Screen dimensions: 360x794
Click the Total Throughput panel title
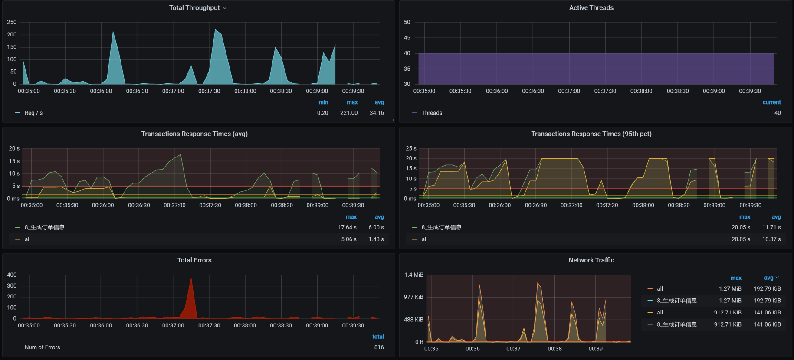click(194, 8)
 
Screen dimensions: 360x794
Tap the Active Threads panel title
click(591, 8)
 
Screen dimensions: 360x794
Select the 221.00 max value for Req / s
click(349, 113)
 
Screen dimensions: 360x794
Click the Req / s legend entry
click(33, 113)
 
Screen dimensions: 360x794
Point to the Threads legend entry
click(432, 113)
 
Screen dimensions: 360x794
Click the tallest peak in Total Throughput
click(215, 30)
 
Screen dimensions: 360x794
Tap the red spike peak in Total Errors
click(191, 278)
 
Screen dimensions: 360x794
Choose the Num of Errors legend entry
click(42, 347)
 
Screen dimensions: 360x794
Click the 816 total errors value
click(379, 347)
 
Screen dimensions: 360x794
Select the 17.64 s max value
click(347, 227)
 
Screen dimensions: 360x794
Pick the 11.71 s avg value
click(771, 227)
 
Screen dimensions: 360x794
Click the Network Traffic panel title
click(591, 260)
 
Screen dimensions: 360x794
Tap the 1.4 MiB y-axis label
click(413, 275)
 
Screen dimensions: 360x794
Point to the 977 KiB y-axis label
click(413, 297)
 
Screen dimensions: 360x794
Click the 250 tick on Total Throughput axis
click(12, 22)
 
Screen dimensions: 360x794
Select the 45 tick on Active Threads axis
click(407, 38)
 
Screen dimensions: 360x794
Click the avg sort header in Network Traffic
click(771, 278)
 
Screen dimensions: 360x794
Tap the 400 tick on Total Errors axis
click(12, 275)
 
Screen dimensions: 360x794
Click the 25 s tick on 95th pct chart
click(410, 148)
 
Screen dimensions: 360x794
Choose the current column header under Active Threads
click(771, 102)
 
